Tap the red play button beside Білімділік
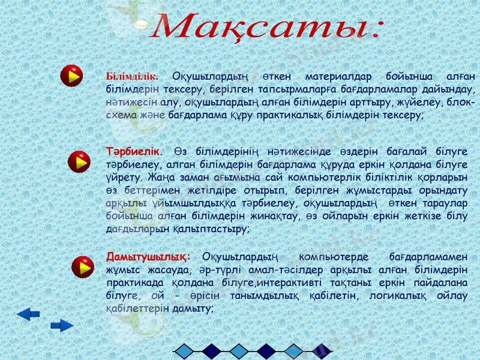73,76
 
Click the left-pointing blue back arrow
28,313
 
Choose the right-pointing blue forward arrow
62,326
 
